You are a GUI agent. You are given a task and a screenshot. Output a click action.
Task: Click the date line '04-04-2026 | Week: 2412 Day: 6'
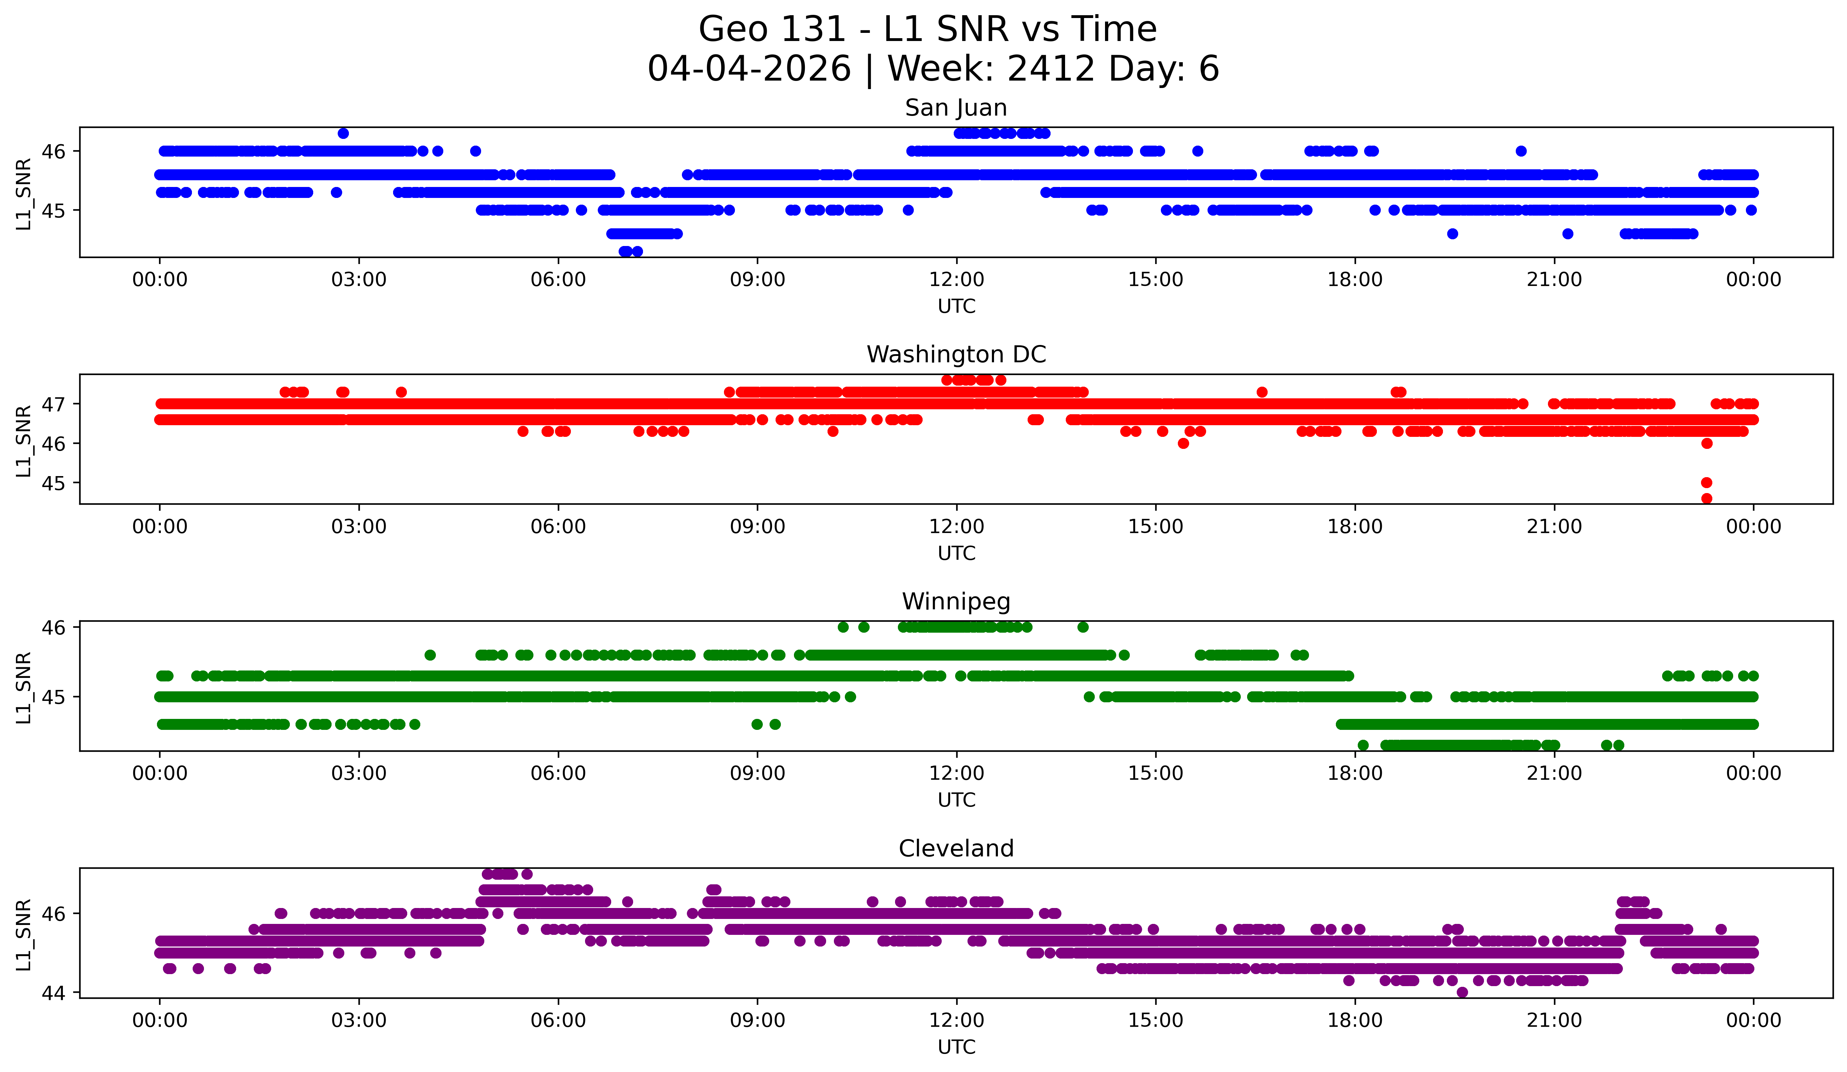click(x=933, y=69)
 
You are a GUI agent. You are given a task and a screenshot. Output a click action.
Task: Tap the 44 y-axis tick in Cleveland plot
click(x=53, y=993)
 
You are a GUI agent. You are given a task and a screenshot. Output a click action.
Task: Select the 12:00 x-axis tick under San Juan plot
click(x=957, y=280)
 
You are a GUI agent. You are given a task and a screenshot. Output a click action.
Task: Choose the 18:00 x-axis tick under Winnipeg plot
click(x=1355, y=774)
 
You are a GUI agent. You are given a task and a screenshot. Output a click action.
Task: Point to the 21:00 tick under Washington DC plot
click(x=1554, y=527)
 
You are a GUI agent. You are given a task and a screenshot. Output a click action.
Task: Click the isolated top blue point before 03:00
click(x=343, y=133)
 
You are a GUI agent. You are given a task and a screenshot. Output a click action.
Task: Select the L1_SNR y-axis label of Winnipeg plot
click(x=23, y=687)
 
